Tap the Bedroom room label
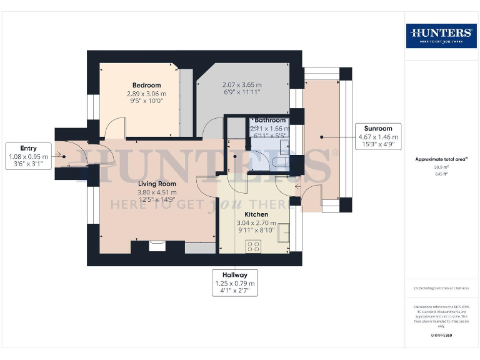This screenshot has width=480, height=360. (146, 86)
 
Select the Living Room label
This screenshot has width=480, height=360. (157, 184)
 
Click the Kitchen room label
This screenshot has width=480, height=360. (256, 214)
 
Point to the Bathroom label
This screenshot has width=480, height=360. (270, 120)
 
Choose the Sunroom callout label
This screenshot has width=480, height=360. (378, 128)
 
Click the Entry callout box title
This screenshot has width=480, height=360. (28, 148)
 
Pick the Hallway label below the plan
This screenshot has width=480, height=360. (234, 274)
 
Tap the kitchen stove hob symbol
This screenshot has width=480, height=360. (254, 246)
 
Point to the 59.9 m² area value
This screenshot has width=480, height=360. (442, 167)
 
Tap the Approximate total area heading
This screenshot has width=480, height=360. (441, 159)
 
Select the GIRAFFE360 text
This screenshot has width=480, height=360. (442, 336)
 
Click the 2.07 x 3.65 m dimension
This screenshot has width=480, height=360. (242, 84)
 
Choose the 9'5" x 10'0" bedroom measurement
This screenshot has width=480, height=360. (146, 101)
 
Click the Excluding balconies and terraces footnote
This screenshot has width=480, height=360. (441, 288)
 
